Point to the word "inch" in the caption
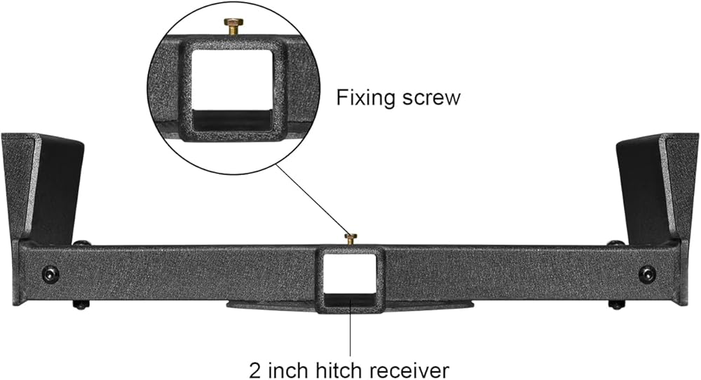(x=287, y=367)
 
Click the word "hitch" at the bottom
(x=336, y=367)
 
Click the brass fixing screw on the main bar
(x=350, y=238)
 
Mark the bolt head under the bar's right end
(x=616, y=304)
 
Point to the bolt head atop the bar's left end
(x=81, y=243)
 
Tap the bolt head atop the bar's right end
(x=615, y=243)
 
